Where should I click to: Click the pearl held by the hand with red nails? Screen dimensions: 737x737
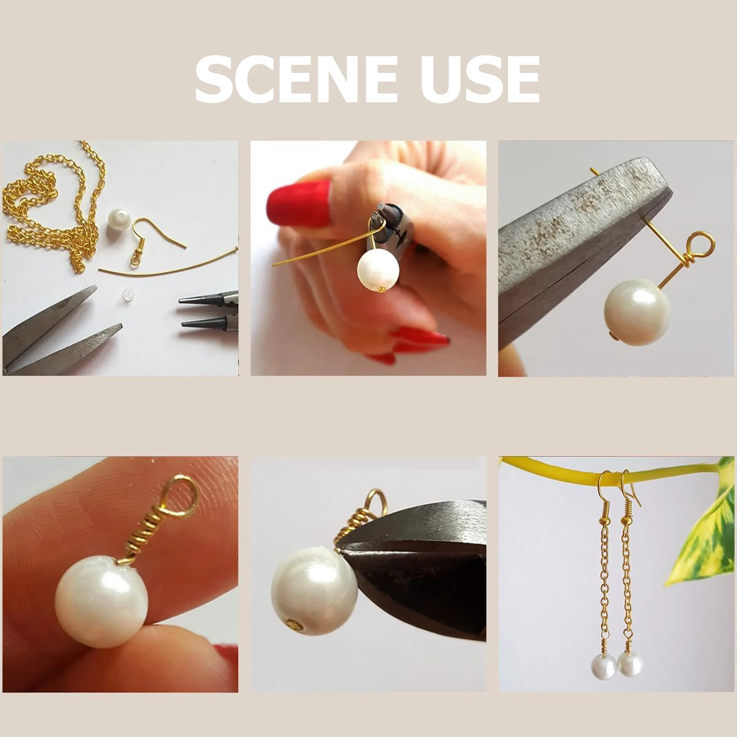[378, 269]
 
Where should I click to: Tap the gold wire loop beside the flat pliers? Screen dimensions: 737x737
[700, 246]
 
